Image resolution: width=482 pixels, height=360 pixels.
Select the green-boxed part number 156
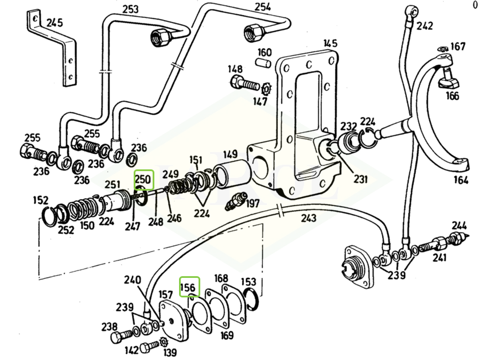pyautogui.click(x=189, y=287)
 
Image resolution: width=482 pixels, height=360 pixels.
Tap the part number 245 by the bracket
pyautogui.click(x=55, y=23)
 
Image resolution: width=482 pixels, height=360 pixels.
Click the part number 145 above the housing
pyautogui.click(x=330, y=44)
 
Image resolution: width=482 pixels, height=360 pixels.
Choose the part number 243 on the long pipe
pyautogui.click(x=309, y=218)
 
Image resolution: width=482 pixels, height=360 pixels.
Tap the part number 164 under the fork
pyautogui.click(x=460, y=180)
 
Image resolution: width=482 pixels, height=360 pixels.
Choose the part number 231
pyautogui.click(x=360, y=179)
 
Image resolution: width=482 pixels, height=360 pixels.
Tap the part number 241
pyautogui.click(x=438, y=257)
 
